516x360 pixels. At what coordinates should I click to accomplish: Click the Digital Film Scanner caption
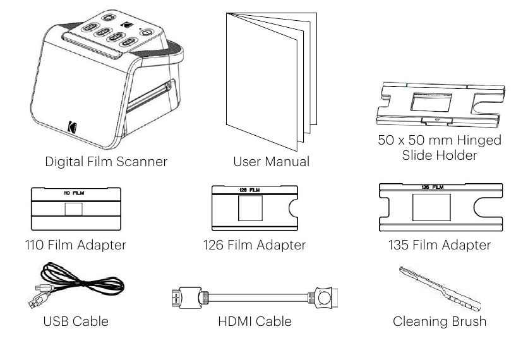coord(106,161)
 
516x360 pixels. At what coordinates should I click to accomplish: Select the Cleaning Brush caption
coord(440,321)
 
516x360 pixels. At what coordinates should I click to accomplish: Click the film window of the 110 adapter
coord(75,208)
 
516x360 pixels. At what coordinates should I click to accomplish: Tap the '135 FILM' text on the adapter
coord(431,188)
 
